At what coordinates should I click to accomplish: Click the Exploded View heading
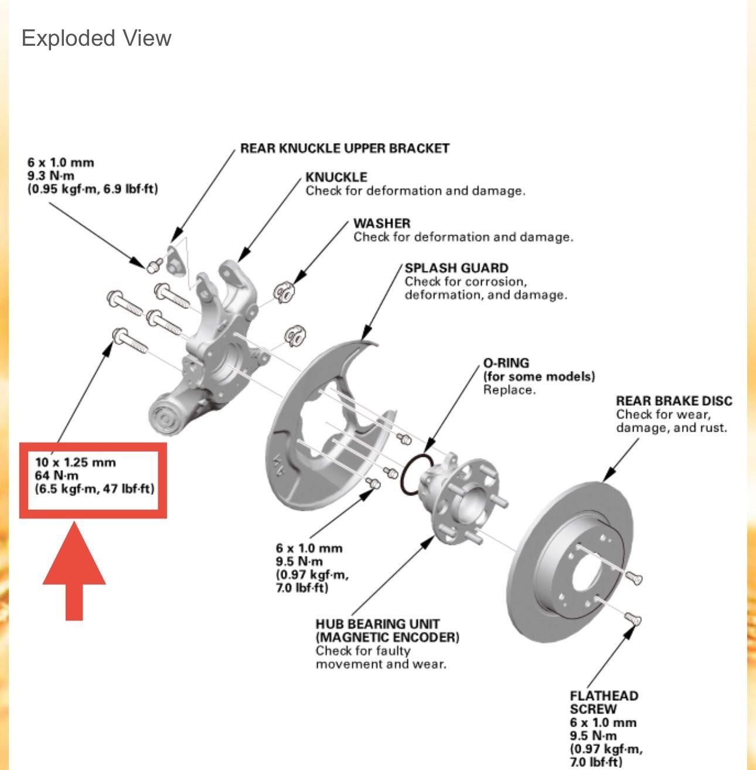click(x=96, y=38)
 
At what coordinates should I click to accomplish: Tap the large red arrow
click(x=74, y=572)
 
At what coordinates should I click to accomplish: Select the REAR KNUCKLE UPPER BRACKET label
click(x=345, y=148)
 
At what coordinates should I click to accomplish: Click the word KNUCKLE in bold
click(x=336, y=177)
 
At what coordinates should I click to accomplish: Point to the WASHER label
click(x=382, y=223)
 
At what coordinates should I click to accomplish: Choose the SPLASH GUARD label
click(x=456, y=269)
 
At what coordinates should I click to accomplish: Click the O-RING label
click(x=506, y=363)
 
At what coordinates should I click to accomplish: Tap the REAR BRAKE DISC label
click(x=674, y=401)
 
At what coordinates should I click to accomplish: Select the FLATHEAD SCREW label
click(x=604, y=702)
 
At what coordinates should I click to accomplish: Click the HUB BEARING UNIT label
click(x=377, y=624)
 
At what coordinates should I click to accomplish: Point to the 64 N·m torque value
click(x=56, y=475)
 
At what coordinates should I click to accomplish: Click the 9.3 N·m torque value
click(x=51, y=176)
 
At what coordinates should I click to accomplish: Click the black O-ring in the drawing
click(x=417, y=473)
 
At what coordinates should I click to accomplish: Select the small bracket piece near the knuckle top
click(x=174, y=260)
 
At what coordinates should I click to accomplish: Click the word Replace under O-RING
click(x=509, y=390)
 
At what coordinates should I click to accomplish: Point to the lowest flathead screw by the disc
click(x=632, y=618)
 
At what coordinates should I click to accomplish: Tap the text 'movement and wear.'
click(x=380, y=664)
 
